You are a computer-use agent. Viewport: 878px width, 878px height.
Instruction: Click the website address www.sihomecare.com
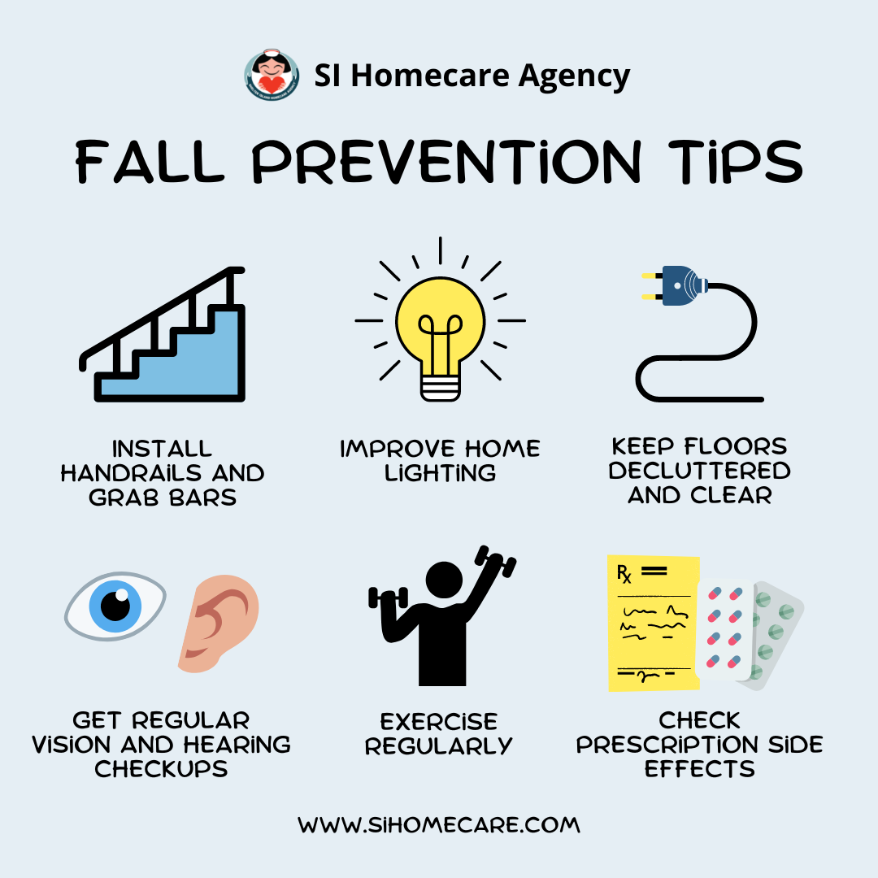(439, 825)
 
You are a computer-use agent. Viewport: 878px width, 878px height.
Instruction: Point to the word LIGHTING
(440, 473)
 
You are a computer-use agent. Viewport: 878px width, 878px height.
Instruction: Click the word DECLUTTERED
(699, 471)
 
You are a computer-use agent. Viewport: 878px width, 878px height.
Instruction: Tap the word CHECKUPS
(161, 769)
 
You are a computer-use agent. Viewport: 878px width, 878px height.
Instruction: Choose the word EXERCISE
(439, 721)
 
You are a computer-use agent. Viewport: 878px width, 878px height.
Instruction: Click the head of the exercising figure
(444, 580)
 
